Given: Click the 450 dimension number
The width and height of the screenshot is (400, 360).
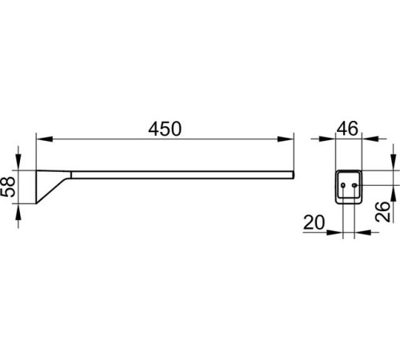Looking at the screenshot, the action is pyautogui.click(x=165, y=129).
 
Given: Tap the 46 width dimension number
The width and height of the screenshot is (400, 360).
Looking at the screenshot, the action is pyautogui.click(x=347, y=129).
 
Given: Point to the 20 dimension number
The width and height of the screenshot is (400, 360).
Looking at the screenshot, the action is pyautogui.click(x=314, y=222).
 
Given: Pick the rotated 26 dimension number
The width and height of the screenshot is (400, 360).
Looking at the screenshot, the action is pyautogui.click(x=382, y=212).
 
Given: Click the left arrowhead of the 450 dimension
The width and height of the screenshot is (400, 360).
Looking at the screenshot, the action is pyautogui.click(x=45, y=139).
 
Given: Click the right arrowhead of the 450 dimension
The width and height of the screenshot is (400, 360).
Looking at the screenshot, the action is pyautogui.click(x=286, y=139).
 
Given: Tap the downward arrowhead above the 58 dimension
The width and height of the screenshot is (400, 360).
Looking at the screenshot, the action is pyautogui.click(x=18, y=162).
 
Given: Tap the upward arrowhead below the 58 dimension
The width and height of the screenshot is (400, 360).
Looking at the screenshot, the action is pyautogui.click(x=18, y=212).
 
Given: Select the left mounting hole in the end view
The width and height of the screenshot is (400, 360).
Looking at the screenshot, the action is pyautogui.click(x=343, y=185).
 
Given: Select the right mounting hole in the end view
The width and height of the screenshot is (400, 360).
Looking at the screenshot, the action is pyautogui.click(x=354, y=185).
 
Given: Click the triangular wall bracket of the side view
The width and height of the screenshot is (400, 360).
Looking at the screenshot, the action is pyautogui.click(x=50, y=184).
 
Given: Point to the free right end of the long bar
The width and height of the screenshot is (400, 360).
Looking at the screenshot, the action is pyautogui.click(x=294, y=175).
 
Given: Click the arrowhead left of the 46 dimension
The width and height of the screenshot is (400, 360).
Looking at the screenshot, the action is pyautogui.click(x=327, y=138).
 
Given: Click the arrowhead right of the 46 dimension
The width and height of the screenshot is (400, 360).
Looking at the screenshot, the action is pyautogui.click(x=370, y=138).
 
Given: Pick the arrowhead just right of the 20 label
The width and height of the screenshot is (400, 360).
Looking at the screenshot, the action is pyautogui.click(x=334, y=232).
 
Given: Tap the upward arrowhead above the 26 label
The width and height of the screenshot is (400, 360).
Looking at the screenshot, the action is pyautogui.click(x=393, y=193).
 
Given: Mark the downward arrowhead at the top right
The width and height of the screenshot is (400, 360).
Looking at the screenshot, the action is pyautogui.click(x=393, y=162).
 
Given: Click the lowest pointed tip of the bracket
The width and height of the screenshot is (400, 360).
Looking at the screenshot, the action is pyautogui.click(x=36, y=204).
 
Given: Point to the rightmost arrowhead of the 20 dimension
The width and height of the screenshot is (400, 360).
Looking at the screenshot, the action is pyautogui.click(x=362, y=232).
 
